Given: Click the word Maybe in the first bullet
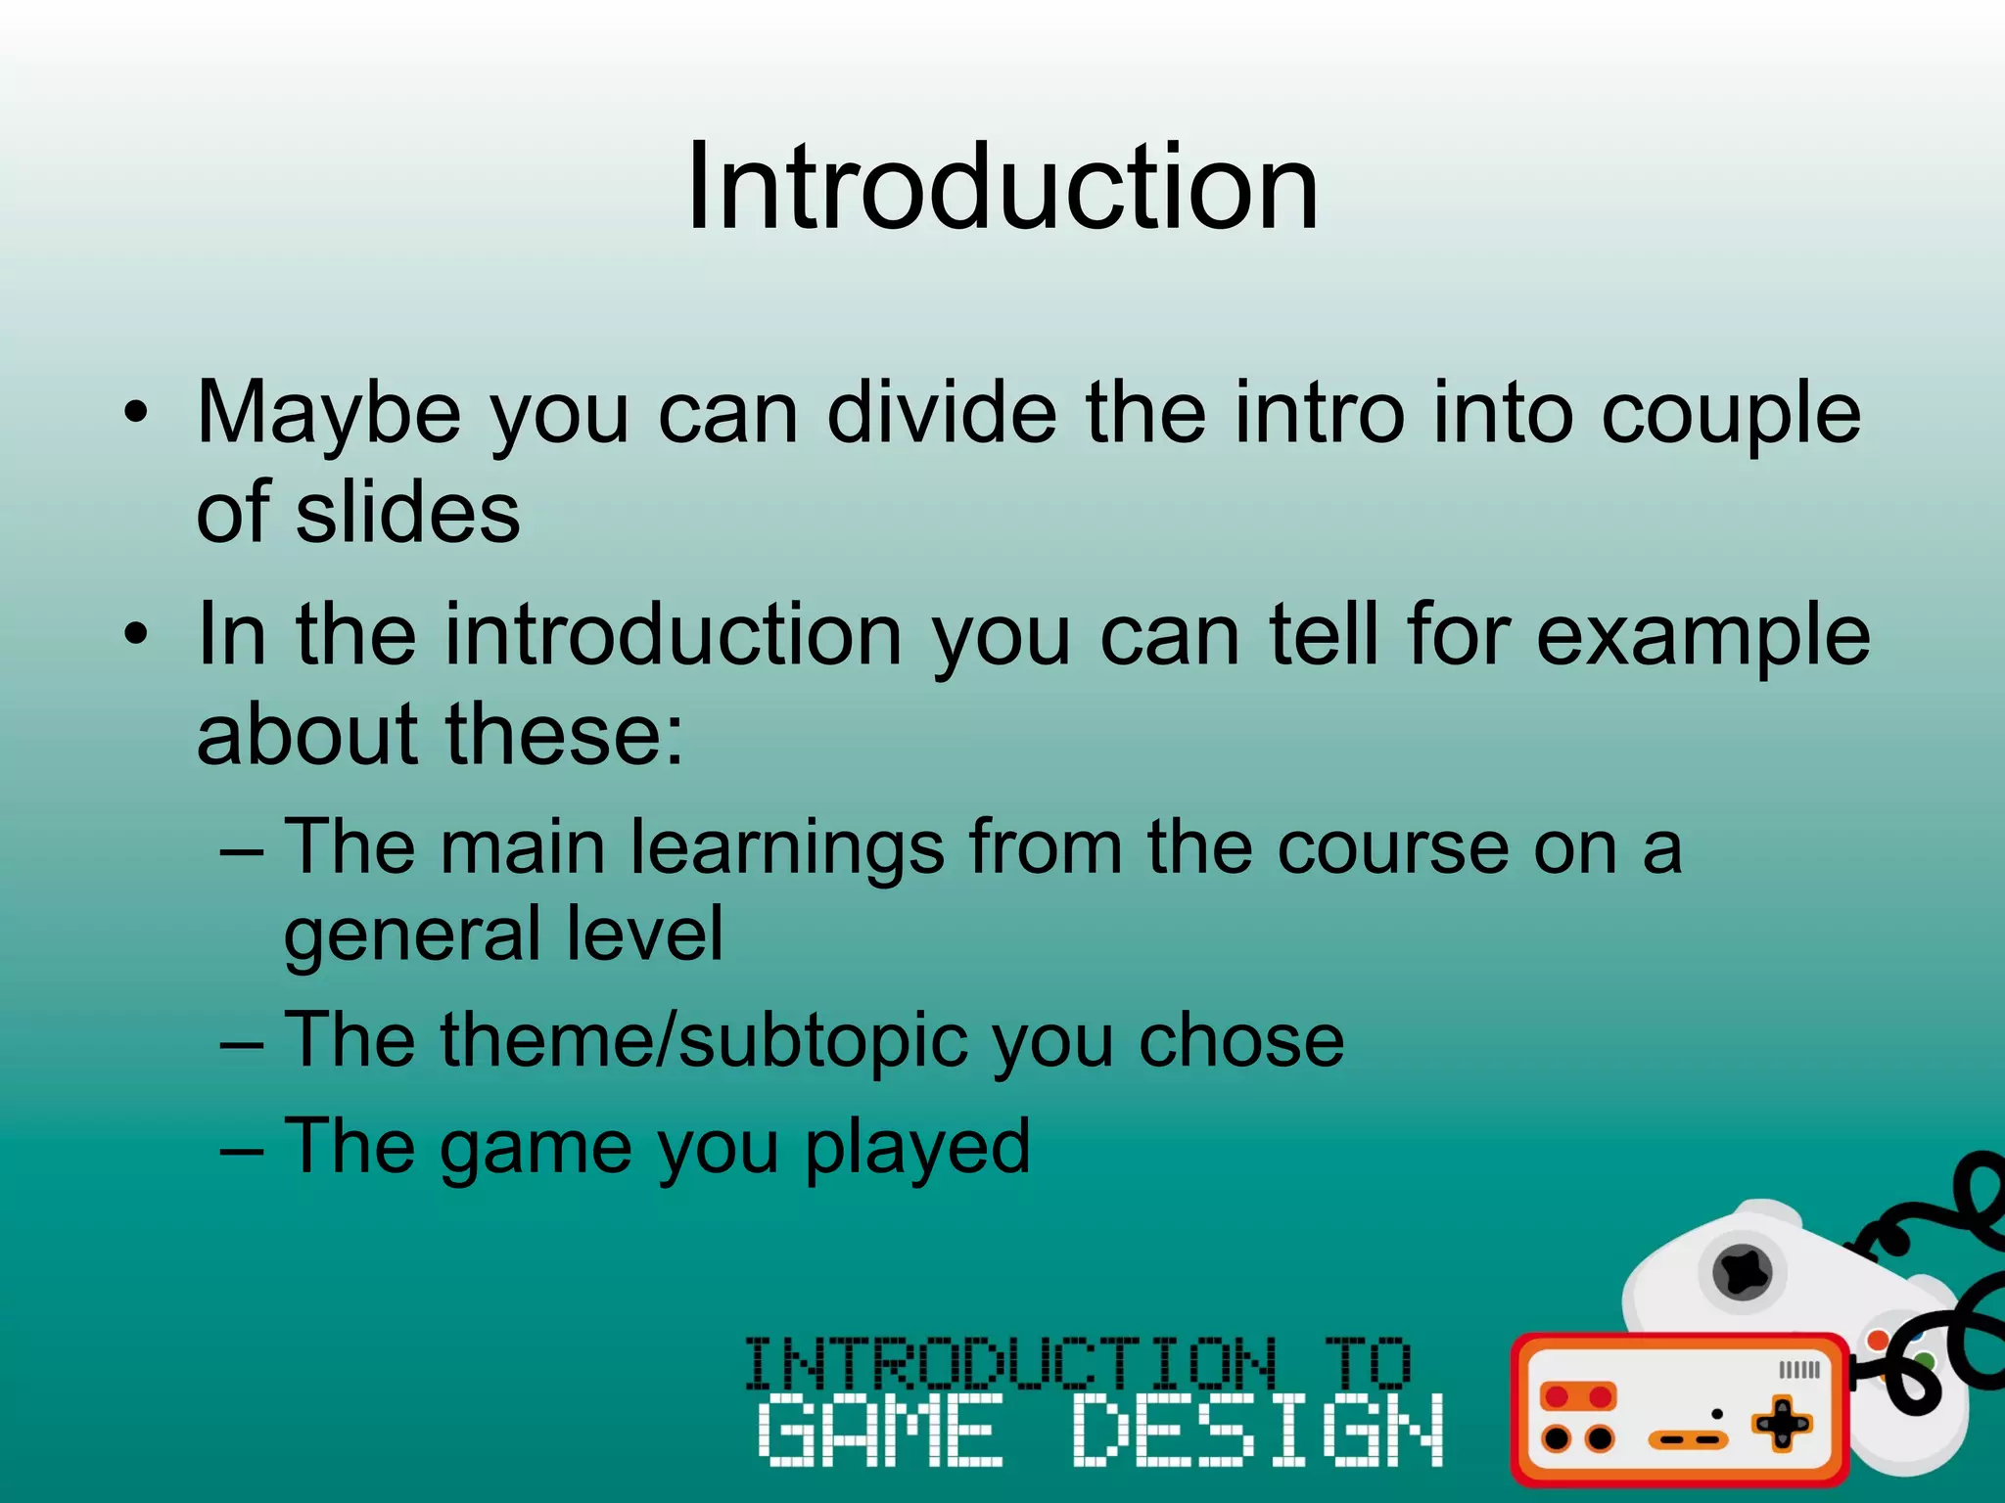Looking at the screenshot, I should (x=328, y=414).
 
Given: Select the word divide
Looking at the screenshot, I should (x=941, y=412).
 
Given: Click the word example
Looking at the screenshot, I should (x=1702, y=637).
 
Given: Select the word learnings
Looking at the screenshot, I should (x=787, y=847).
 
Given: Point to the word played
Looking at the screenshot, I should (x=916, y=1146).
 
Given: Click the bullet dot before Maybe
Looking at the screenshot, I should (x=137, y=412).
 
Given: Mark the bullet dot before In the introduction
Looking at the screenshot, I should (x=137, y=635).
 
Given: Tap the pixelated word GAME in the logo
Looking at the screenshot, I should (x=880, y=1431).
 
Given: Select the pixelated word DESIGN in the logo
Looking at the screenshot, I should (x=1257, y=1431).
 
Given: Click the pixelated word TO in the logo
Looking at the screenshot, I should (x=1368, y=1362).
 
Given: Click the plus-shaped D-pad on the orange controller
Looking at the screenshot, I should (x=1781, y=1424).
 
